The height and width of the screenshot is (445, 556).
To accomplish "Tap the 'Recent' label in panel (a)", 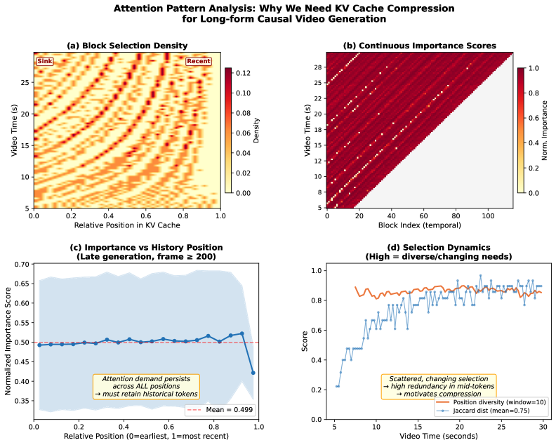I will click(198, 61).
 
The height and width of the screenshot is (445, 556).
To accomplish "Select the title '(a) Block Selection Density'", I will click(127, 46).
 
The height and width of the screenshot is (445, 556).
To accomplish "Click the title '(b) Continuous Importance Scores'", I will click(419, 46).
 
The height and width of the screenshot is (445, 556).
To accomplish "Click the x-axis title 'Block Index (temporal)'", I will click(419, 226).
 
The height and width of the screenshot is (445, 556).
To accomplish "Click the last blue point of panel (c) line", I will click(253, 373).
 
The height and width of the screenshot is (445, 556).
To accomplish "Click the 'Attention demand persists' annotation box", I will click(146, 386).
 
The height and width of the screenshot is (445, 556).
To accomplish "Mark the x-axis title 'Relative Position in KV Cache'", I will click(127, 226).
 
